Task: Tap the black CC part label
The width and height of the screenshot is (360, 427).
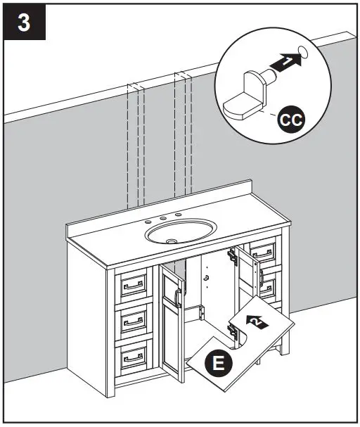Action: [289, 120]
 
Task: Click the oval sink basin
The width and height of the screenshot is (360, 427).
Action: [180, 230]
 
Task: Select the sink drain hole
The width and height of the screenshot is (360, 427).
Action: [172, 239]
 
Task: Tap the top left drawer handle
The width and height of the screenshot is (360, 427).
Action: [132, 286]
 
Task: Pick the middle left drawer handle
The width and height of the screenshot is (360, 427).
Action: [132, 323]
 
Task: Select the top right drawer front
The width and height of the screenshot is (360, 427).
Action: [264, 251]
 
